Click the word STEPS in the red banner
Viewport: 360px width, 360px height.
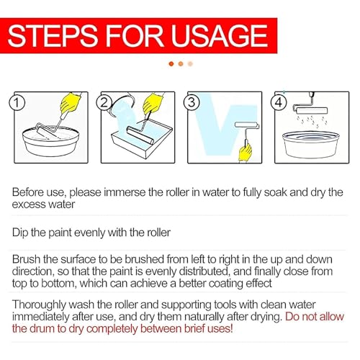[53, 35]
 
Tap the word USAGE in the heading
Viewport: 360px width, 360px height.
[219, 35]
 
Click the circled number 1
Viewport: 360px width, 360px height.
[17, 103]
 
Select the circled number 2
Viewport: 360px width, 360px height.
[104, 103]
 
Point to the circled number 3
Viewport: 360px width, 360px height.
[191, 102]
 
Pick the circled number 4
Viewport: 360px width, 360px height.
[279, 102]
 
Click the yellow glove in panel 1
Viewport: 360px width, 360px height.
[70, 103]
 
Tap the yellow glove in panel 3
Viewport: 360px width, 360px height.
[245, 152]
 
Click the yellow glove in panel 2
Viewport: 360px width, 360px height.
[153, 103]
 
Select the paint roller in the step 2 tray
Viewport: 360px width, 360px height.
[140, 135]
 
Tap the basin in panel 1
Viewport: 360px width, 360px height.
[50, 142]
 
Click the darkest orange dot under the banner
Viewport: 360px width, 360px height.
[171, 63]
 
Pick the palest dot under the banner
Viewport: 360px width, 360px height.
[190, 63]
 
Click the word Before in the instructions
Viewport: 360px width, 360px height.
[27, 192]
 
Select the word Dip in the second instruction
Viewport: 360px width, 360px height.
[20, 233]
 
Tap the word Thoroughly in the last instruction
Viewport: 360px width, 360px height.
[39, 305]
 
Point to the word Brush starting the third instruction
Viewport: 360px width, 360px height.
[26, 260]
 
